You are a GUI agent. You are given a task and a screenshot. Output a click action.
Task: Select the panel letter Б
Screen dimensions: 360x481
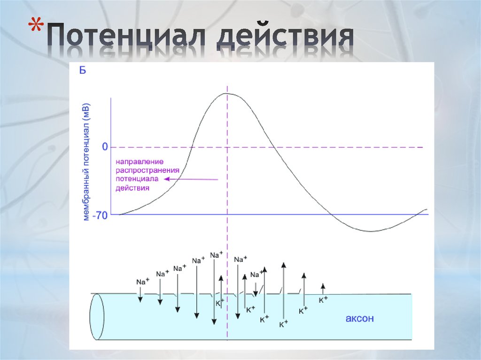coord(82,71)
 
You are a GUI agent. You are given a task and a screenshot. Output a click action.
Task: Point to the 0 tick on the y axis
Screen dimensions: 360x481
coord(105,147)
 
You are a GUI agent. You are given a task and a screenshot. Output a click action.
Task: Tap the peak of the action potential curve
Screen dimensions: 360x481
coord(227,93)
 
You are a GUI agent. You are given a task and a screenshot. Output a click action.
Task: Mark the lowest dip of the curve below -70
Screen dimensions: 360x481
coord(371,231)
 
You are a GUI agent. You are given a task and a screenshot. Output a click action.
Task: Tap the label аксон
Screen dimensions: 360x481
coord(360,319)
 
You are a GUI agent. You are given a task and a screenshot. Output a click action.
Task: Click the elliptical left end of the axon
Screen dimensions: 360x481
coord(98,316)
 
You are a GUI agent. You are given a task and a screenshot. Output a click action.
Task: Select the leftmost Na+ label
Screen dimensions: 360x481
coord(143,282)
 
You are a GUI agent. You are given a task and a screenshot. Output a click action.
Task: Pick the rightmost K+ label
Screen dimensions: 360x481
coord(323,300)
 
